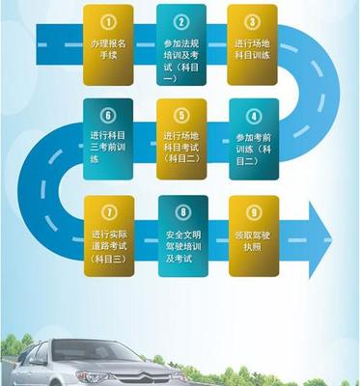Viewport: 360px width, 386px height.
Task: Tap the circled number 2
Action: tap(180, 20)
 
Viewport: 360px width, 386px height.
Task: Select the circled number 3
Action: tap(253, 20)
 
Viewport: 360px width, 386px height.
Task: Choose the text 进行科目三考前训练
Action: tap(109, 147)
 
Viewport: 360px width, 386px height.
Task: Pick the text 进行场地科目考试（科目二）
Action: tap(180, 147)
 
